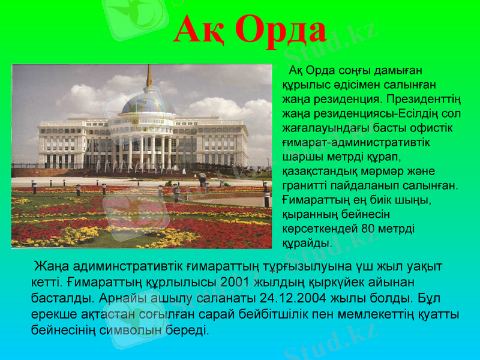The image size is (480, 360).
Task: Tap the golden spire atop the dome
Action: pyautogui.click(x=149, y=76)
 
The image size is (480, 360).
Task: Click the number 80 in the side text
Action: pyautogui.click(x=371, y=229)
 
